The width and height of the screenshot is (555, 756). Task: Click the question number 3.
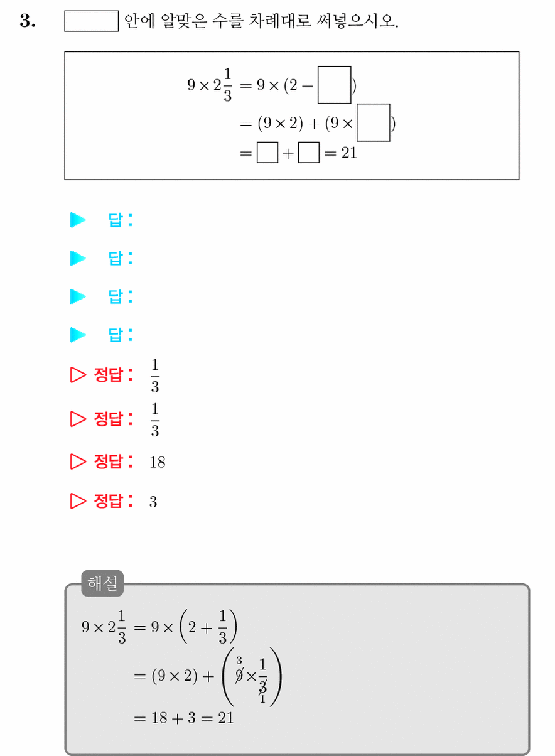pyautogui.click(x=27, y=21)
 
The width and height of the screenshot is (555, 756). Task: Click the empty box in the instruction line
pyautogui.click(x=91, y=21)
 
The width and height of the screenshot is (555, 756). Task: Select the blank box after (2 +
pyautogui.click(x=334, y=85)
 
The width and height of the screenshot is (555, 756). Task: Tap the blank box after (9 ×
pyautogui.click(x=373, y=122)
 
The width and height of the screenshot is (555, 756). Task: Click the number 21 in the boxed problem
pyautogui.click(x=349, y=153)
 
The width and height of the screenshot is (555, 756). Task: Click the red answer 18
pyautogui.click(x=157, y=462)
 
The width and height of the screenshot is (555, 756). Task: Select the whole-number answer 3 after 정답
pyautogui.click(x=153, y=502)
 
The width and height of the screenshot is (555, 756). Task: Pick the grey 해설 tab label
pyautogui.click(x=102, y=583)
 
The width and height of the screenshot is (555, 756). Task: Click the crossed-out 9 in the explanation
pyautogui.click(x=239, y=676)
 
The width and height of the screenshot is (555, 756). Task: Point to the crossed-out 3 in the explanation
pyautogui.click(x=263, y=687)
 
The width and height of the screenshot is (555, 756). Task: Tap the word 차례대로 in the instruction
pyautogui.click(x=279, y=21)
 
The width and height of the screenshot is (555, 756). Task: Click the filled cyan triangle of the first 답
pyautogui.click(x=78, y=220)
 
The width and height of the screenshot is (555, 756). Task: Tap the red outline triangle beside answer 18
pyautogui.click(x=78, y=462)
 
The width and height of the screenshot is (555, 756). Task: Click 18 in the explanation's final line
pyautogui.click(x=159, y=718)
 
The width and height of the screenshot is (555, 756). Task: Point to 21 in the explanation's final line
pyautogui.click(x=226, y=718)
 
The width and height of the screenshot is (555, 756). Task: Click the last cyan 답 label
pyautogui.click(x=121, y=335)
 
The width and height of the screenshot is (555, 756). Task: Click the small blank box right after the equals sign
pyautogui.click(x=267, y=153)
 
